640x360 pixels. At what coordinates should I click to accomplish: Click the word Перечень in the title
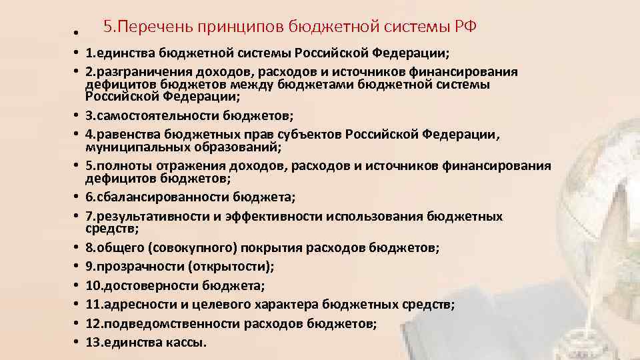[x=154, y=27]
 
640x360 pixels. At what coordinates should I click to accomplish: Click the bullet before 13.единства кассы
[x=77, y=343]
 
